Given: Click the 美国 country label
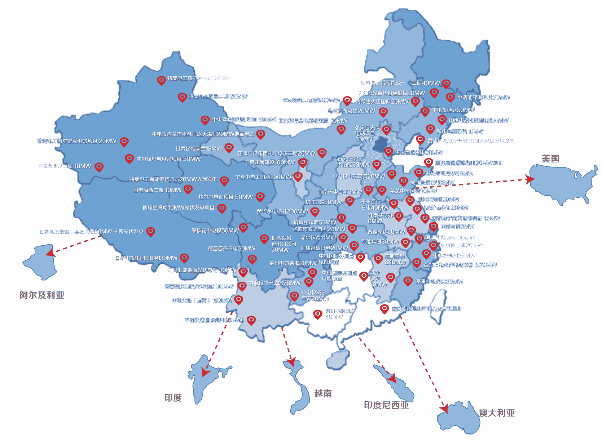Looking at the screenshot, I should click(x=550, y=158).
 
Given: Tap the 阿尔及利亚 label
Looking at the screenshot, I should click(x=42, y=295).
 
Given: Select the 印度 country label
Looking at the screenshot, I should click(x=173, y=398).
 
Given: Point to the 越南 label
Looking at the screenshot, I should click(x=323, y=393).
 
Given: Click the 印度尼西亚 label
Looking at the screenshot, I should click(x=386, y=405).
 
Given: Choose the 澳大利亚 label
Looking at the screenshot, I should click(x=497, y=413).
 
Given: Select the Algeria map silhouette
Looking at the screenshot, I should click(x=40, y=262).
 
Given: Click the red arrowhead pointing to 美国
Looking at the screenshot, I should click(x=530, y=179).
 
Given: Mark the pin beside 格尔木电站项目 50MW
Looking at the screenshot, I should click(x=260, y=196).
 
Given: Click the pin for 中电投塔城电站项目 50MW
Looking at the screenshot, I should click(x=129, y=158).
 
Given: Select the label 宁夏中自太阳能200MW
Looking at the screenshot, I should click(x=263, y=177).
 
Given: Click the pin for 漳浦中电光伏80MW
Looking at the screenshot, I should click(x=408, y=281).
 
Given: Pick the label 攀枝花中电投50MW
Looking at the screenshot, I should click(x=215, y=231).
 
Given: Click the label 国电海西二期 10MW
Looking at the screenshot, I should click(x=158, y=190).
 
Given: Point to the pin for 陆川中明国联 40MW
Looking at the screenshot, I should click(x=317, y=314).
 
